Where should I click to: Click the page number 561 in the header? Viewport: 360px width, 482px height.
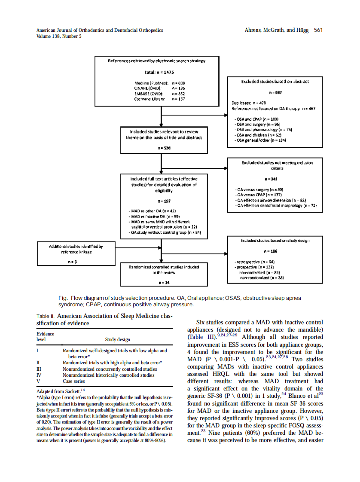(x=318, y=30)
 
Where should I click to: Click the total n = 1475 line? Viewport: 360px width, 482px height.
(x=159, y=72)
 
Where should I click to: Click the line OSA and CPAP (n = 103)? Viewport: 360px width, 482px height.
(x=257, y=119)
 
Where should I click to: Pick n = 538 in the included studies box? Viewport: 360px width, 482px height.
(x=164, y=147)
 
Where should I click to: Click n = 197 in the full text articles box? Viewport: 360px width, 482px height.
(x=164, y=201)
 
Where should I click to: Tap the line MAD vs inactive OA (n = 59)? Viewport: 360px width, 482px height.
(x=155, y=216)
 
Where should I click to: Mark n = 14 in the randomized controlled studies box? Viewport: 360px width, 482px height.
(x=164, y=282)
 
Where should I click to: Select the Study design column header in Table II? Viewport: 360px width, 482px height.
(x=118, y=339)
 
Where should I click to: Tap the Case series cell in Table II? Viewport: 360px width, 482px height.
(x=74, y=381)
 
